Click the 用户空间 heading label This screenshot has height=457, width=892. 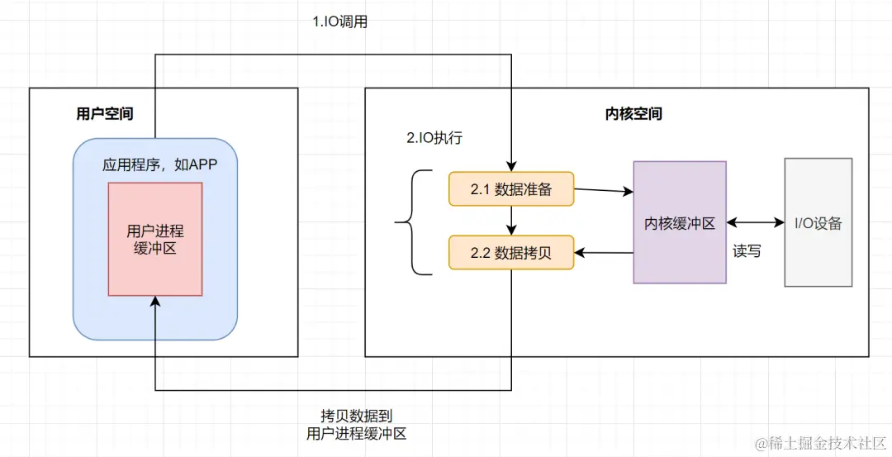coord(105,114)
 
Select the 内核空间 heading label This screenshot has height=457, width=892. coord(633,114)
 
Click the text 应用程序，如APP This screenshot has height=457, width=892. coord(159,164)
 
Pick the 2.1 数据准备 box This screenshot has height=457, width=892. coord(510,189)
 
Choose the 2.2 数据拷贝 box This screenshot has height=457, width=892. coord(510,253)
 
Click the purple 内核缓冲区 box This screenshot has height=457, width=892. coord(680,222)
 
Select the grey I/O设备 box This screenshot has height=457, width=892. coord(818,222)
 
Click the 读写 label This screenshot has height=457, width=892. coord(747,251)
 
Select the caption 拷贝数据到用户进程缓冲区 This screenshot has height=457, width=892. coord(356,424)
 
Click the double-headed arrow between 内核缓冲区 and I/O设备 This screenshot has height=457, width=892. coord(755,222)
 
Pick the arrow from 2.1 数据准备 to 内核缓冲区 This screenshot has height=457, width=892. coord(603,191)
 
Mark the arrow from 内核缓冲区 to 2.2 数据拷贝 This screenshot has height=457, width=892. coord(603,252)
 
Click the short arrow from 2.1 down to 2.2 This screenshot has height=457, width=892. coord(512,221)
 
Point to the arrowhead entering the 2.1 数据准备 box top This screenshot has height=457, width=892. coord(512,167)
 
